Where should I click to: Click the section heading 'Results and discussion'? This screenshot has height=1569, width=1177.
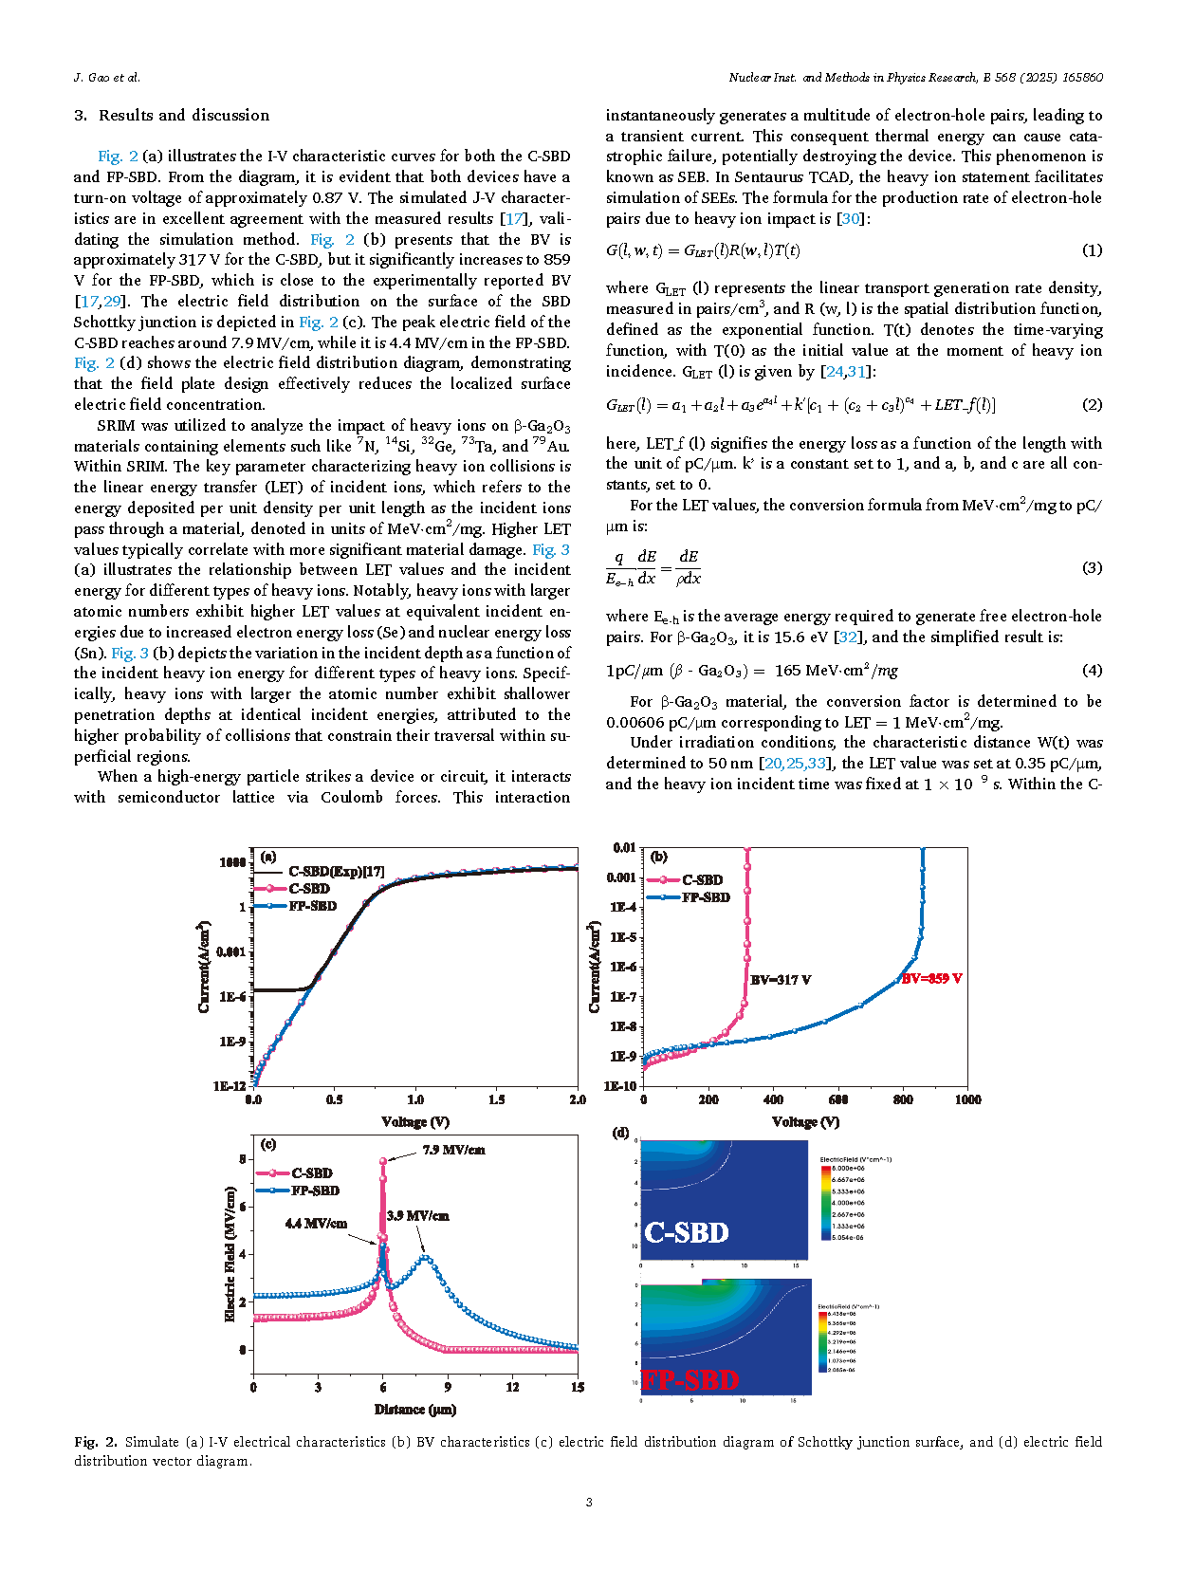coord(184,116)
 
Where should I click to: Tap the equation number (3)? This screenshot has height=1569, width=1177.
coord(1092,567)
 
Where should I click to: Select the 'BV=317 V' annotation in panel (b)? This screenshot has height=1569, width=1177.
coord(780,979)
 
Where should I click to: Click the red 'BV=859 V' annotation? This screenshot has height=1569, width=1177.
coord(931,978)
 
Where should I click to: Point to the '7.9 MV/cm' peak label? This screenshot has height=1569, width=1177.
coord(453,1150)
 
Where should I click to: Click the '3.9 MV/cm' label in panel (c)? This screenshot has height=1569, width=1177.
coord(417,1215)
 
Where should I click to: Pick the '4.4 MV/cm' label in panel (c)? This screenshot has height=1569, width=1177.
coord(316,1224)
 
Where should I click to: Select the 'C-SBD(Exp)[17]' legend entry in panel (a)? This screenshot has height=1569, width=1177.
coord(336,871)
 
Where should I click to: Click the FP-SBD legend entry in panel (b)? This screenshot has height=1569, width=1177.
coord(706,897)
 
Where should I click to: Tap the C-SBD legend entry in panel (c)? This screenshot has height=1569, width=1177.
coord(311,1173)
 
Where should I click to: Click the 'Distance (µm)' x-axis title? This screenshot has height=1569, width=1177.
coord(415,1410)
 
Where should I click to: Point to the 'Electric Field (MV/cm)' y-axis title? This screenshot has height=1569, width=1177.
coord(230,1254)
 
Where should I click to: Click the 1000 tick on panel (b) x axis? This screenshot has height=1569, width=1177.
coord(967,1099)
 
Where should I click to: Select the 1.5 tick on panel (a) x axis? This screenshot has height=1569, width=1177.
coord(496,1099)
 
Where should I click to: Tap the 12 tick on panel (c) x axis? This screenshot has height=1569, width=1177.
coord(512,1387)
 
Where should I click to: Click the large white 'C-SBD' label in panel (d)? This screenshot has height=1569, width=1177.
coord(687,1232)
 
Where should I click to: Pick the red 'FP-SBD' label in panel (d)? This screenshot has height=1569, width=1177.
coord(690,1379)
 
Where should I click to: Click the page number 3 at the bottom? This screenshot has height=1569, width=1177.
coord(589,1502)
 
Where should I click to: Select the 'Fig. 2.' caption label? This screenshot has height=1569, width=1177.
coord(95,1442)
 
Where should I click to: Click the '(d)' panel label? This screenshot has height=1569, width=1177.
coord(621,1133)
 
